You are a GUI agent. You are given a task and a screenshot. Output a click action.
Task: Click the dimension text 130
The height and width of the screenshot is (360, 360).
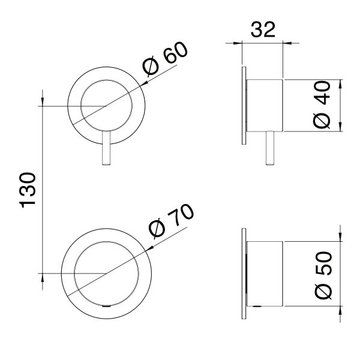pos(29,190)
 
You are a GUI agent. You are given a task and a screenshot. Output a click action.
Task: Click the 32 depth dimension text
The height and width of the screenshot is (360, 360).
pos(262,30)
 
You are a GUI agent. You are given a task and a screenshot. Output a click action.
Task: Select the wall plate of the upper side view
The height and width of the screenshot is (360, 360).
pos(244,105)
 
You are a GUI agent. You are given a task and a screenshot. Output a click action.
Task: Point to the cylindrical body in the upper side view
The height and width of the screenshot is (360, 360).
pos(265,105)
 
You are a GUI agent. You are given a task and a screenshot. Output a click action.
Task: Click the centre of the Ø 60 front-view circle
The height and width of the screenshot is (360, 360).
pos(106,106)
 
